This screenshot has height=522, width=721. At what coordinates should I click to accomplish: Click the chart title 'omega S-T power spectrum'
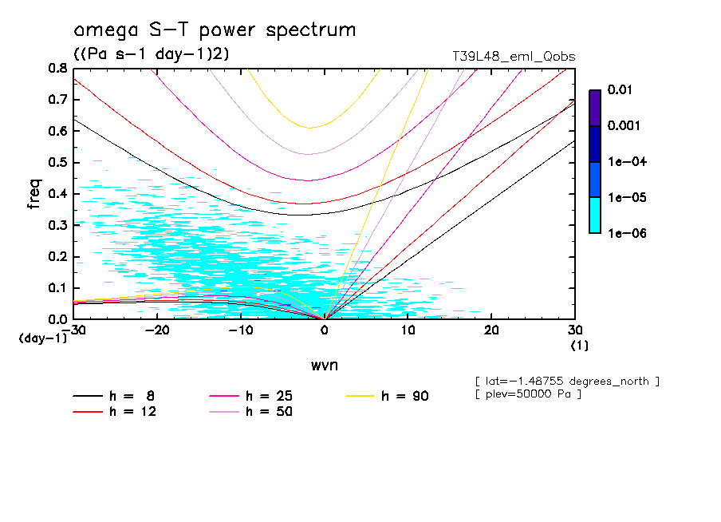(x=215, y=31)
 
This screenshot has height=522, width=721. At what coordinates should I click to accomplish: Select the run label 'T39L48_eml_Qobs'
(x=514, y=56)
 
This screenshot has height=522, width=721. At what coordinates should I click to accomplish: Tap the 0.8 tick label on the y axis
(x=58, y=69)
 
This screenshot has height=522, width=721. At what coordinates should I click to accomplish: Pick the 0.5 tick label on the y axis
(x=58, y=163)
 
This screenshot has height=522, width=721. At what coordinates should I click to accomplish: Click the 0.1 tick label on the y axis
(x=58, y=288)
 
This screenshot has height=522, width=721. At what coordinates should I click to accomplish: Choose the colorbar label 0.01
(x=620, y=90)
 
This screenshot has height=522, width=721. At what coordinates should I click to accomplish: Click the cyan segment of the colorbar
(x=594, y=215)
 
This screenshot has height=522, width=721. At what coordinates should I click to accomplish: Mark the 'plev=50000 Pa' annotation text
(x=527, y=394)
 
